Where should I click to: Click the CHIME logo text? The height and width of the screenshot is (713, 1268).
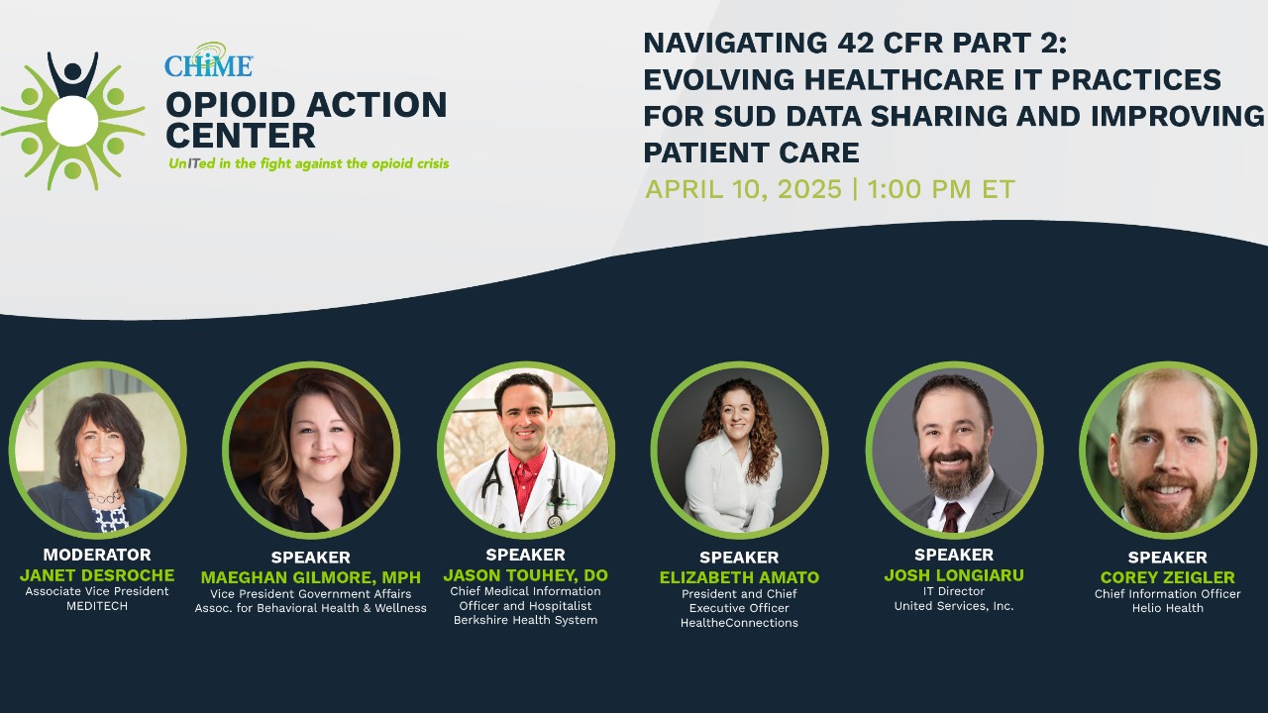point(208,64)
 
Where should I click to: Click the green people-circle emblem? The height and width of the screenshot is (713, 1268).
point(72,121)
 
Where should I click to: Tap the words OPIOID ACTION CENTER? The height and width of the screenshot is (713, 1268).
point(305,119)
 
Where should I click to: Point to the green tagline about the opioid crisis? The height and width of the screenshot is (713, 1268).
point(308,163)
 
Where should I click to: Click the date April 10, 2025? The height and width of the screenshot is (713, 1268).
point(743,189)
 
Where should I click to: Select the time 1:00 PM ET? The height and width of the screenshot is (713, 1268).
point(941,189)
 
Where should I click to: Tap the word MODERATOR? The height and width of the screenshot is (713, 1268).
point(97,555)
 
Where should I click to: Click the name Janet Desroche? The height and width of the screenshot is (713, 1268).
point(97,575)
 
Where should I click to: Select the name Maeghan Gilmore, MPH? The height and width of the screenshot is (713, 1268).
point(310,577)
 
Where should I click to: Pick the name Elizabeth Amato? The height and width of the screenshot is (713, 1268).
point(739,577)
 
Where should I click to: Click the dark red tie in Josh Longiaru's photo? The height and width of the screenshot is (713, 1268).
point(952,516)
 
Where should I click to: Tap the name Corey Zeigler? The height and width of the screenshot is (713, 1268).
point(1167,577)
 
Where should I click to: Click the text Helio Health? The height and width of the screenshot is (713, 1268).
point(1167,608)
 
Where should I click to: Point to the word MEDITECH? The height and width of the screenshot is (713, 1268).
point(97,606)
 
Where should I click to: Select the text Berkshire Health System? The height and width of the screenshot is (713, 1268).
point(525,621)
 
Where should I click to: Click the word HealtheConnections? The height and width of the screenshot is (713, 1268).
point(739,623)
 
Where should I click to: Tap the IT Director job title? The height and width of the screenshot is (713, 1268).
point(953,591)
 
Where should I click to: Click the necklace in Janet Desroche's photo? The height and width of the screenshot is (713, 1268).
point(104,495)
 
